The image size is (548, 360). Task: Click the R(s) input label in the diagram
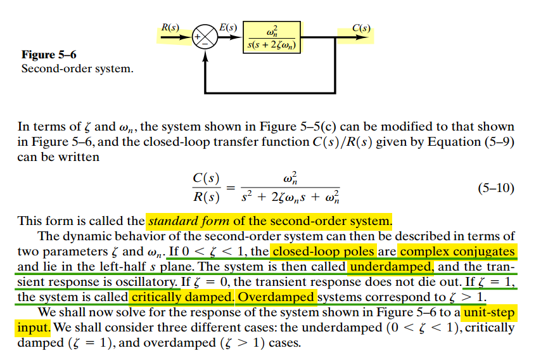(170, 28)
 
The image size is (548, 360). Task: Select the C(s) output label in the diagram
(361, 28)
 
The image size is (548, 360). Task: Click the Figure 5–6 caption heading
(49, 55)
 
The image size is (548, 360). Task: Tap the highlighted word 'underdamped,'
(391, 267)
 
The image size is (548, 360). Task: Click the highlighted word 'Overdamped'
(276, 297)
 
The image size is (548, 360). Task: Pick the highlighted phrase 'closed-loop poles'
(324, 252)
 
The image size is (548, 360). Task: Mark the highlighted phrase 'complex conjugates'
(457, 252)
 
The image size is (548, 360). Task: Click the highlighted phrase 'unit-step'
(488, 312)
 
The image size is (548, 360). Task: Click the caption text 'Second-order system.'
(77, 68)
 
